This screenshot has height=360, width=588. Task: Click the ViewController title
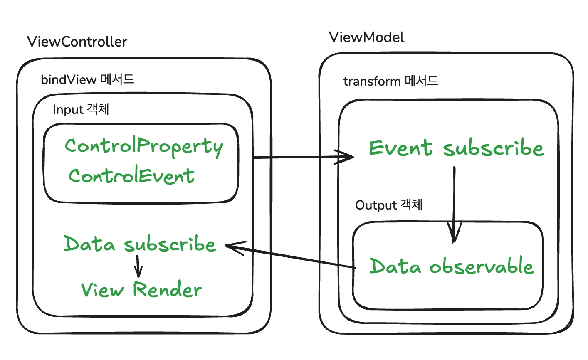[77, 42]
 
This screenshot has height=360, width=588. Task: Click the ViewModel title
[366, 37]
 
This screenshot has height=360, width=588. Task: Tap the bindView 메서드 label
[87, 79]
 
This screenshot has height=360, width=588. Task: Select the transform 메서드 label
[390, 81]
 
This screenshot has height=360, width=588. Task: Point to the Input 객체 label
[81, 109]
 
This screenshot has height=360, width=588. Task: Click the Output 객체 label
[389, 205]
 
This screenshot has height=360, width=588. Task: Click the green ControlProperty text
[144, 147]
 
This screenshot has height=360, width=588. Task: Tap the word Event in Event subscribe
[400, 148]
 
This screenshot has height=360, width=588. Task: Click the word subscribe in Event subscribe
[494, 147]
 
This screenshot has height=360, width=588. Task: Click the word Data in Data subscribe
[89, 244]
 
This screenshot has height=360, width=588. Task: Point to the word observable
[482, 266]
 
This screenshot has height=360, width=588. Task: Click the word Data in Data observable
[395, 266]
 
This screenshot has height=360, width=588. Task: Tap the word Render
[167, 289]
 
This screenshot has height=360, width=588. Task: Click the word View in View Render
[102, 290]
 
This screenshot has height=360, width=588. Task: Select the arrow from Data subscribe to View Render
[138, 266]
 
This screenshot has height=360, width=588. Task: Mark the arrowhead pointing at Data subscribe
[234, 247]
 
